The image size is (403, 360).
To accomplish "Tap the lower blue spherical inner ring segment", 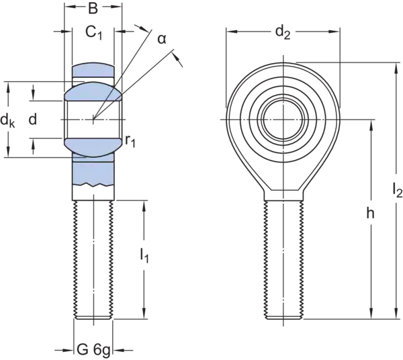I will click(x=93, y=143).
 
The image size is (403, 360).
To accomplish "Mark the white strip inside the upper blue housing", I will click(x=93, y=78).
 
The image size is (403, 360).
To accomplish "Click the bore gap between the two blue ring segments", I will click(x=93, y=118).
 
